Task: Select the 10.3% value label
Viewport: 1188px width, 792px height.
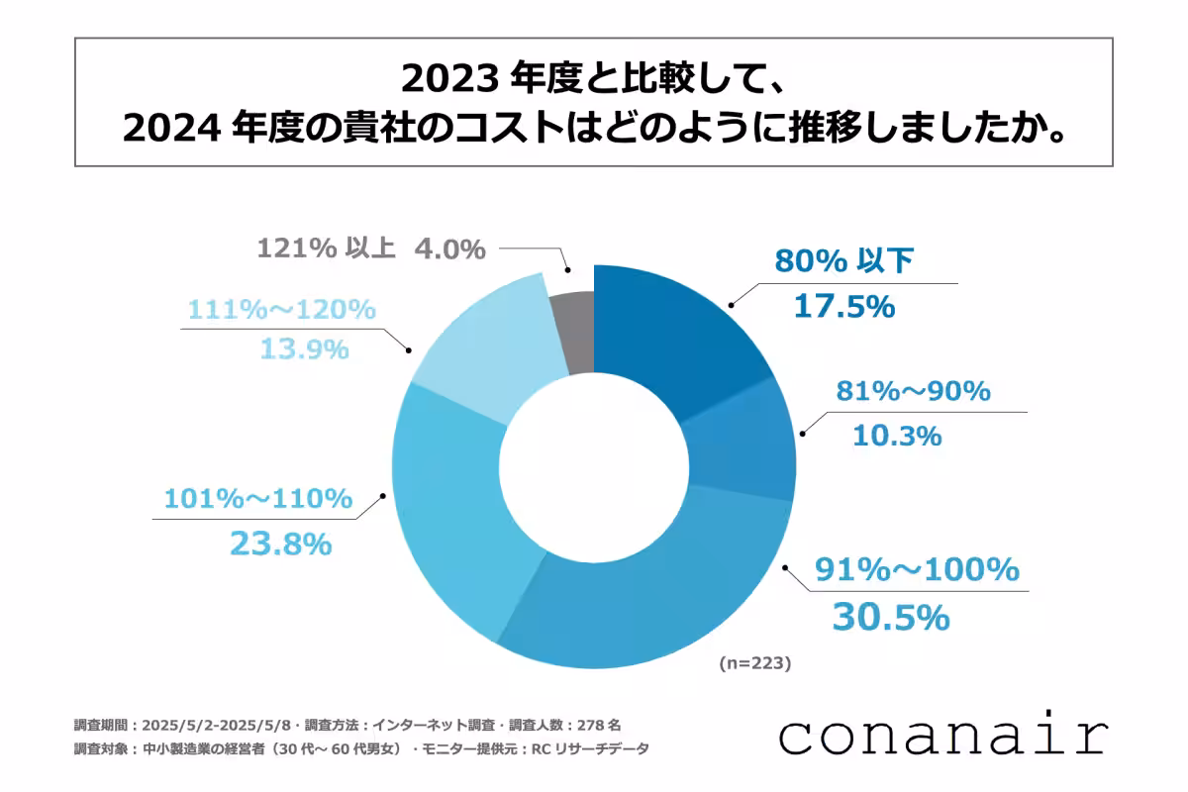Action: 897,435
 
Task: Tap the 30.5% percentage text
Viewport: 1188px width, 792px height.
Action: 890,617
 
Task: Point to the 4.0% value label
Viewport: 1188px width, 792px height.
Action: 449,248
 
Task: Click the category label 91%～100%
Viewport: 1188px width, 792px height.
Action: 916,570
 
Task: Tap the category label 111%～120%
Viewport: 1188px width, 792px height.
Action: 280,309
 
